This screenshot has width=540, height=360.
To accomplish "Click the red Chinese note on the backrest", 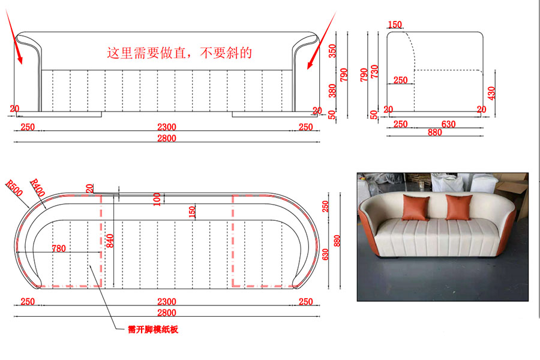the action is click(179, 53).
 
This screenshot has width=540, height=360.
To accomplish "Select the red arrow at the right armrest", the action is click(322, 40).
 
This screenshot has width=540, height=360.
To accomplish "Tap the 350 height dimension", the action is click(332, 51).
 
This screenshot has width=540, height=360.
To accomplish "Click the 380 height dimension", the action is click(332, 91).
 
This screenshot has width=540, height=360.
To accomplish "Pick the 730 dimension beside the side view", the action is click(374, 71).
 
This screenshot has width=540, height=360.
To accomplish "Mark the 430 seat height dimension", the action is click(491, 93).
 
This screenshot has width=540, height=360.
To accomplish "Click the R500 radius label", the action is click(14, 188).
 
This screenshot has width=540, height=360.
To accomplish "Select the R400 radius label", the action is click(37, 187).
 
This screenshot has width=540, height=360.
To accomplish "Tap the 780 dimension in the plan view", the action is click(59, 248).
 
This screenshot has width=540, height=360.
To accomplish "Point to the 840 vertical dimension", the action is click(110, 241).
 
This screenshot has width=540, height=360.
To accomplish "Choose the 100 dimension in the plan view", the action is click(157, 199).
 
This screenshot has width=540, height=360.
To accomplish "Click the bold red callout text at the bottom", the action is click(153, 329).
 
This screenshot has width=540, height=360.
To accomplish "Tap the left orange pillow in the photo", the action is click(416, 208).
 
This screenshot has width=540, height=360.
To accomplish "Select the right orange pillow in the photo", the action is click(459, 208).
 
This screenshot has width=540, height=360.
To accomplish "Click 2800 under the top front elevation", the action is click(167, 138).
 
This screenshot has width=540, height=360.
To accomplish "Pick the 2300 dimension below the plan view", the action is click(167, 302).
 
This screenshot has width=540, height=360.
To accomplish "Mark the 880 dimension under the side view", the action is click(434, 132).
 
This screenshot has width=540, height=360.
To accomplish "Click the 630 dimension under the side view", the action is click(448, 124).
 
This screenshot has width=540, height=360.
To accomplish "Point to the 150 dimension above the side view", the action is click(395, 25).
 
